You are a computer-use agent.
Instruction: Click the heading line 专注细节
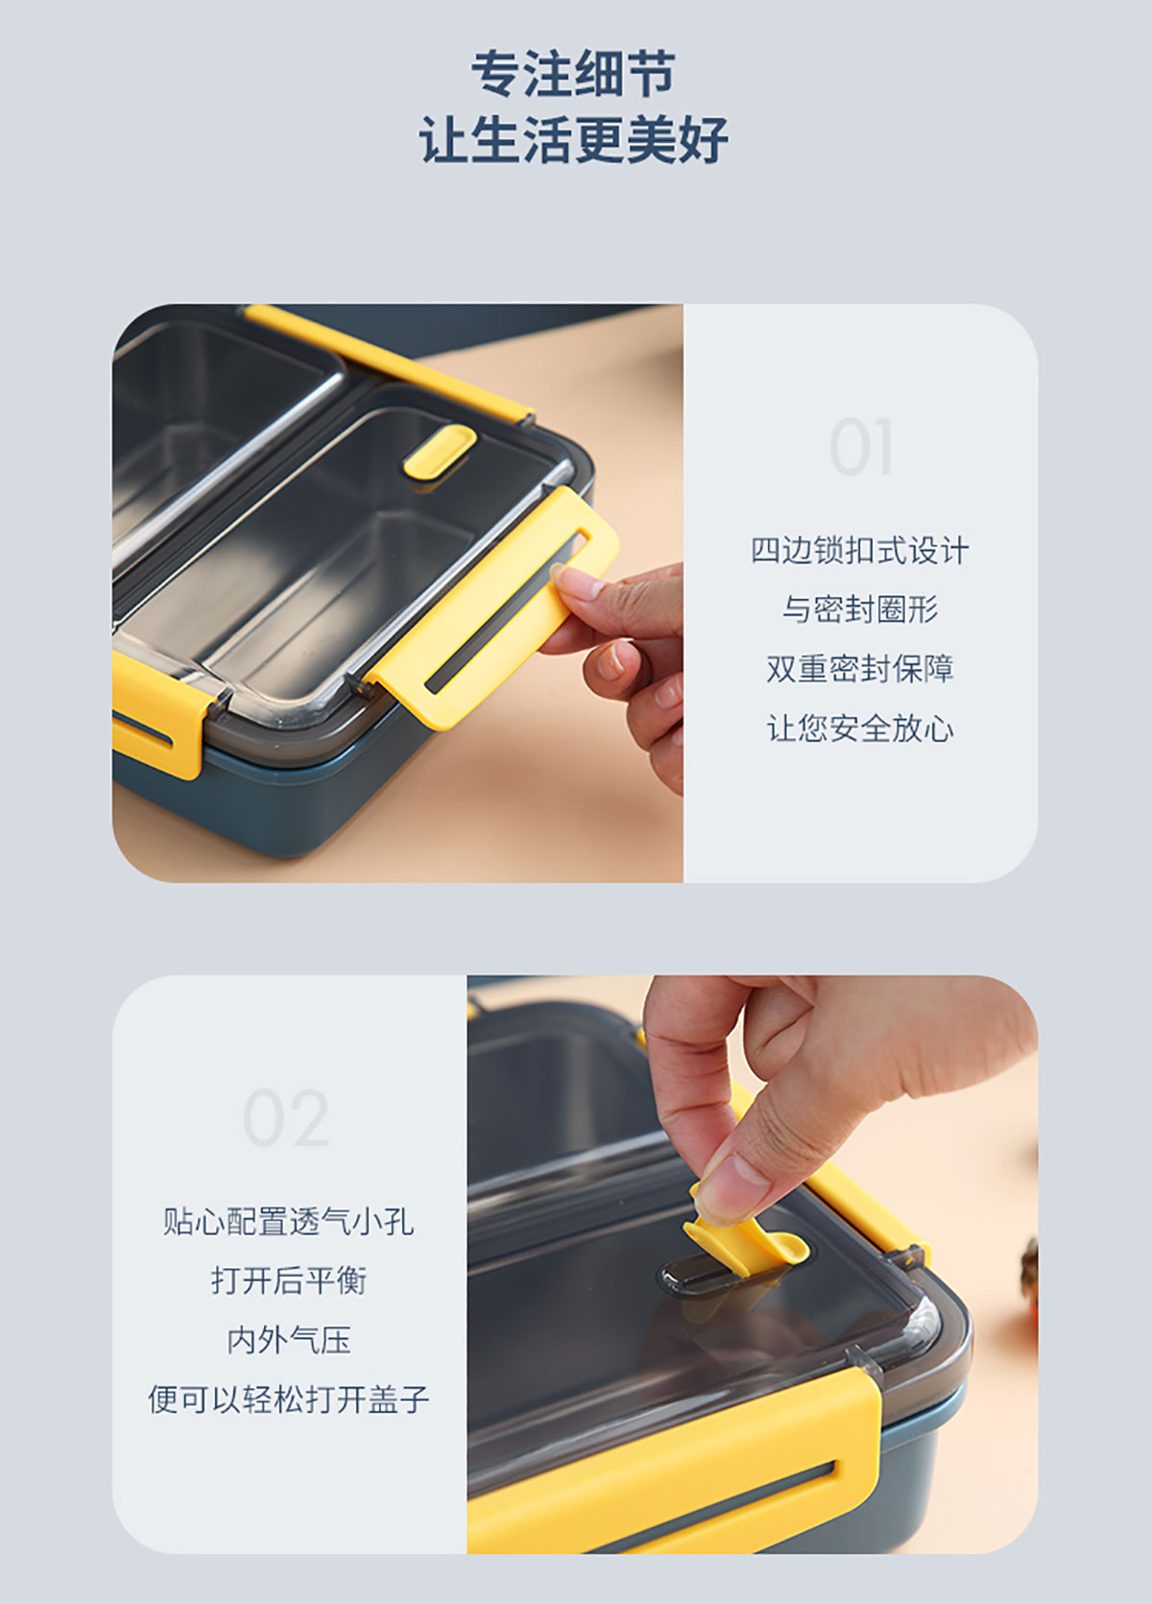pyautogui.click(x=573, y=73)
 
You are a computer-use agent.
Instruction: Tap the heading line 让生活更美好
pyautogui.click(x=573, y=139)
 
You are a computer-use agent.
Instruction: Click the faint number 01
pyautogui.click(x=860, y=446)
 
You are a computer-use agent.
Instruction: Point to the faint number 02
pyautogui.click(x=286, y=1118)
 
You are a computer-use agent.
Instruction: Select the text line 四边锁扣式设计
pyautogui.click(x=860, y=551)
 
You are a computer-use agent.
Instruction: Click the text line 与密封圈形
pyautogui.click(x=860, y=610)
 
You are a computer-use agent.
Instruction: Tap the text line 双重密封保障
pyautogui.click(x=860, y=669)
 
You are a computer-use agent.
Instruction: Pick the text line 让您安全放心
pyautogui.click(x=860, y=729)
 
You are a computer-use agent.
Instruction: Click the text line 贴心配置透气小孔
pyautogui.click(x=289, y=1222)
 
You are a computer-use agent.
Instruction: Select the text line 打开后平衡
pyautogui.click(x=289, y=1281)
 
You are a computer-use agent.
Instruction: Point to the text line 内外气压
pyautogui.click(x=289, y=1340)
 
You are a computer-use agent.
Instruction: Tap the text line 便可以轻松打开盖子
pyautogui.click(x=289, y=1400)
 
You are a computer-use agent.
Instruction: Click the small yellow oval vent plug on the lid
pyautogui.click(x=439, y=452)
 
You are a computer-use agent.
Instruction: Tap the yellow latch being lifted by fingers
pyautogui.click(x=494, y=609)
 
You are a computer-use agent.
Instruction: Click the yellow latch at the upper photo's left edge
pyautogui.click(x=154, y=716)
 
